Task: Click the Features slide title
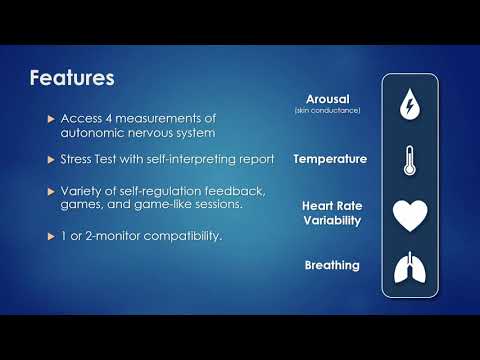pos(72,77)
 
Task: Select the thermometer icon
pos(408,160)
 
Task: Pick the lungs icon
pos(408,268)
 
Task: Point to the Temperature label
pos(329,159)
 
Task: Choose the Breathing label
pos(332,265)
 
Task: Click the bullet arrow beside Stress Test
pos(51,159)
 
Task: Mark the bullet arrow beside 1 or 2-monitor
pos(51,235)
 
